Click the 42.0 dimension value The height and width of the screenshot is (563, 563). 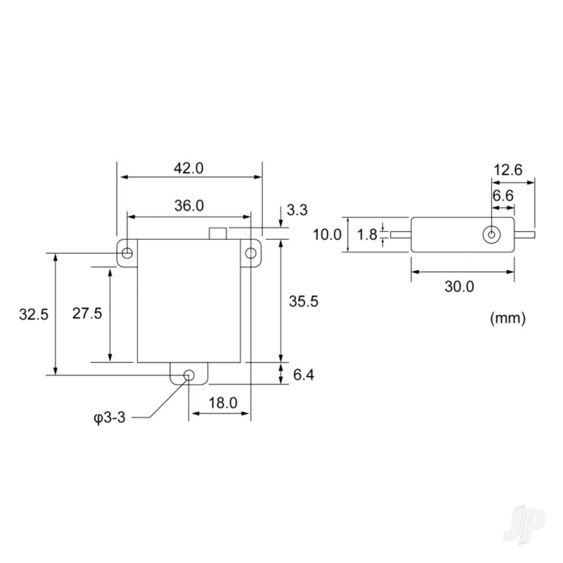189,168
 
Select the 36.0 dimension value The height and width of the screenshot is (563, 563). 189,205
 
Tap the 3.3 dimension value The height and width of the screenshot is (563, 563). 297,211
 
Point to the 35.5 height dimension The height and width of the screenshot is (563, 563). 303,301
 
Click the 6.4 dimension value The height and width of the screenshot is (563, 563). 303,374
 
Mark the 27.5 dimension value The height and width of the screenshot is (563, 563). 87,314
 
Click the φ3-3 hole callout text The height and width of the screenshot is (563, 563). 109,418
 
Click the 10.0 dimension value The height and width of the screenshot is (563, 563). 327,234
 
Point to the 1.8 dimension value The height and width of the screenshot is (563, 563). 368,234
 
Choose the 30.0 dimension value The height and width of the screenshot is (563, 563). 459,287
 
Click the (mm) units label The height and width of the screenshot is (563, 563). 508,318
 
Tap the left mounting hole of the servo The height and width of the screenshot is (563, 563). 128,252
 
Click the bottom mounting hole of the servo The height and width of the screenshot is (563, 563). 189,376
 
